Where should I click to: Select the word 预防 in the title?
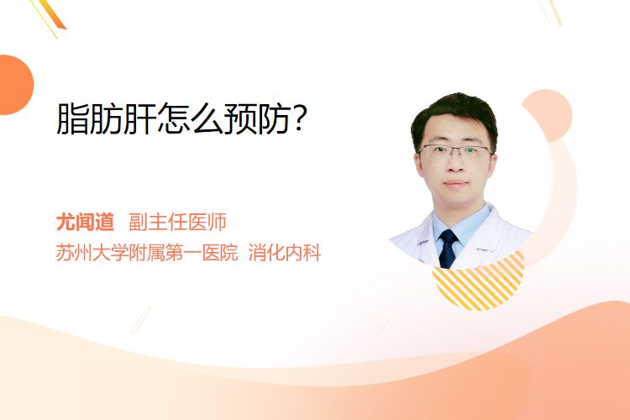256,118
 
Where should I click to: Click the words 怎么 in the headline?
190,118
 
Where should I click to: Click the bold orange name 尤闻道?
85,222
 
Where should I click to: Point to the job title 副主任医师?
177,222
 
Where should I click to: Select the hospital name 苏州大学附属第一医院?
147,253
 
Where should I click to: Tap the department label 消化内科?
285,253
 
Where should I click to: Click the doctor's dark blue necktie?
448,249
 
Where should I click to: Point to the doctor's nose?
455,165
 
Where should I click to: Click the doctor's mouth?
456,184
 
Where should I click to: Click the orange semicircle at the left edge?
15,85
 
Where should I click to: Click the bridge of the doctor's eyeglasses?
455,150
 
